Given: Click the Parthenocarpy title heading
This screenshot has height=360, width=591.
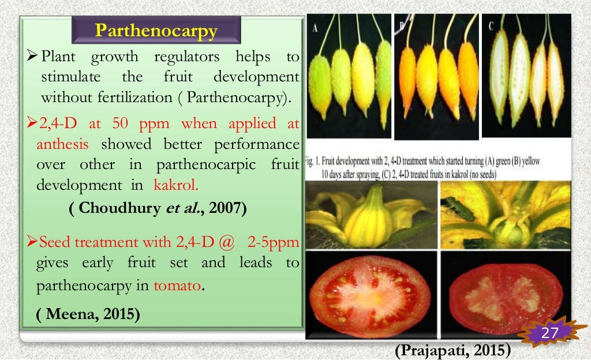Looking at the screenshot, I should [x=156, y=30].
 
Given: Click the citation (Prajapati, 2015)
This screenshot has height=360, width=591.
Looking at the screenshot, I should [x=452, y=350].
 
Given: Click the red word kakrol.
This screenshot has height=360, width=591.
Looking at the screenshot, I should [x=175, y=186].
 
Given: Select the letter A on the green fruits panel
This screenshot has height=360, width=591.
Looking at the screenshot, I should [x=316, y=27].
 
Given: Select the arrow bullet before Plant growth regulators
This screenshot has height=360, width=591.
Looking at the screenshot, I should [x=32, y=57].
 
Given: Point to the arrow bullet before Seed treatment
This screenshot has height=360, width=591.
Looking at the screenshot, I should [x=32, y=242].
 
